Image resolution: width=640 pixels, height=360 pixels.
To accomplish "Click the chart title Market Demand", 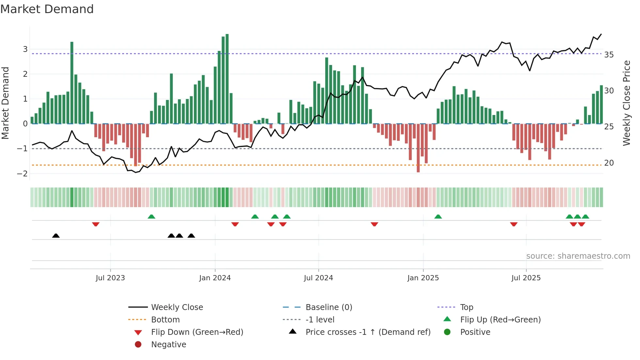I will pos(47,9).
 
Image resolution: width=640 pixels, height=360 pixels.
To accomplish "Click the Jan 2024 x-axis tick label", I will pos(215,278).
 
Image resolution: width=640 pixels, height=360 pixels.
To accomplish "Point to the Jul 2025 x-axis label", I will pos(526,278).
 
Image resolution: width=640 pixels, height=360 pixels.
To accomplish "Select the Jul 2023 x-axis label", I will pos(110,278).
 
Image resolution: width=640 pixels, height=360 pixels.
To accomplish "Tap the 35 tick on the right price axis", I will pos(609,55).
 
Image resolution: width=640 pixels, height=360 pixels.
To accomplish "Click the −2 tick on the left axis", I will pos(23,173).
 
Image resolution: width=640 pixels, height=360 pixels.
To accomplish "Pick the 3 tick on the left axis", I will pos(25,49).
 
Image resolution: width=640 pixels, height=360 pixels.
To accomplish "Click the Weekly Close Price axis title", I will pos(626,103).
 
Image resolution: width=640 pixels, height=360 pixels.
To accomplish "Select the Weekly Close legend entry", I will pos(177,307).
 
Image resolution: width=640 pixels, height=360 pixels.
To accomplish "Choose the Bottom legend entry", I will pos(165,320).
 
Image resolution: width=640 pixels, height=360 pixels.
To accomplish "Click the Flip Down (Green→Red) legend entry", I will pos(197,332).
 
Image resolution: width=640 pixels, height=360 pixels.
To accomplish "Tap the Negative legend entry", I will pos(168,345).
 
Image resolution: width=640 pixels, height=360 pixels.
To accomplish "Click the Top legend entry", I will pos(466,307).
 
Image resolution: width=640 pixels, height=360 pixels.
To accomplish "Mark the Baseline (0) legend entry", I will pos(328,307).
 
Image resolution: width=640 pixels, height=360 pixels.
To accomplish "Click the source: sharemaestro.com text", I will pos(578,256).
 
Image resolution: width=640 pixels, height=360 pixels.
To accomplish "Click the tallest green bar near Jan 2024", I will pos(227,78).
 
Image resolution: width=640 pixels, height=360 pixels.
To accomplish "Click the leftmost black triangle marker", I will pos(56,236).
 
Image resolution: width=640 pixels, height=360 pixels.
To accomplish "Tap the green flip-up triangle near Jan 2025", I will pos(438,217).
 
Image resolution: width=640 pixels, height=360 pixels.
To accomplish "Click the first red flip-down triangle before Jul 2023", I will pos(96,224).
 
